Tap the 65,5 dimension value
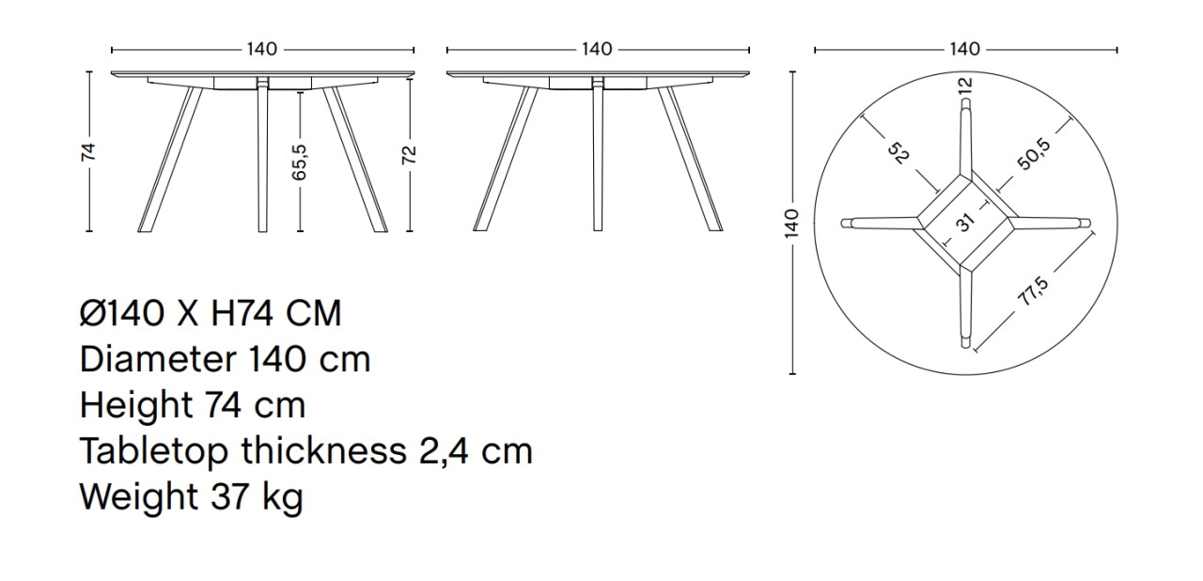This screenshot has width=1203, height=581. (x=300, y=161)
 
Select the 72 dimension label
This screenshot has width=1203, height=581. (x=410, y=154)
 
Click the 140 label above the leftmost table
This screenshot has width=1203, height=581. (x=262, y=50)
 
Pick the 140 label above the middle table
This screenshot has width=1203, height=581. (x=597, y=50)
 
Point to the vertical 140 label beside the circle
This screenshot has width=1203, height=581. (x=791, y=224)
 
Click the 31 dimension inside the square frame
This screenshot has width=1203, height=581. (x=966, y=224)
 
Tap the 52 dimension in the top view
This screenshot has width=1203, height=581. (x=898, y=153)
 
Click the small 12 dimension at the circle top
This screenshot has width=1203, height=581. (x=964, y=85)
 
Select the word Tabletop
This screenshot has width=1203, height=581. (x=153, y=452)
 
